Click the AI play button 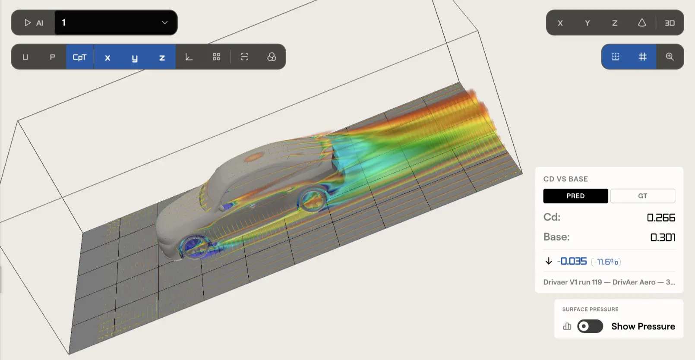click(34, 22)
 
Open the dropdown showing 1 click(116, 22)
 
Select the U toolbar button click(25, 57)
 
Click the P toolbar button click(52, 57)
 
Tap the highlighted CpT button click(80, 57)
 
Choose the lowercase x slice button click(107, 57)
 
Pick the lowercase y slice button click(135, 57)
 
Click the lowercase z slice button click(162, 57)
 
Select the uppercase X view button click(560, 23)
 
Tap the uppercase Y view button click(588, 23)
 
